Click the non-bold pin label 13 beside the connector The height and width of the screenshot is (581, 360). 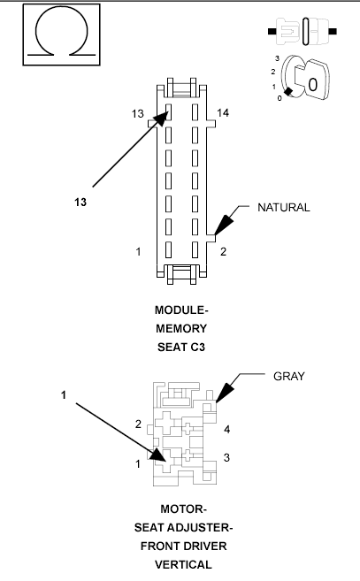pos(137,114)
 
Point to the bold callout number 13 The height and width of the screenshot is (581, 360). pos(80,202)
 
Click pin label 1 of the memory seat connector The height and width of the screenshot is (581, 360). pos(139,252)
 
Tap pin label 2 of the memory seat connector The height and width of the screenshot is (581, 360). pos(223,252)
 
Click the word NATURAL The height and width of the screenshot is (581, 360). pos(283,208)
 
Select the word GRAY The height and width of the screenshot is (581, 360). pos(288,376)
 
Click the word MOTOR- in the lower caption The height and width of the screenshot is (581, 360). pos(182,509)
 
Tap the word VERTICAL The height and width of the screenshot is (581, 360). pos(181,562)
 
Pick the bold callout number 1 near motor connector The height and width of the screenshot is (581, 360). pos(63,394)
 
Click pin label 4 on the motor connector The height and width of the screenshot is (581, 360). pos(227,430)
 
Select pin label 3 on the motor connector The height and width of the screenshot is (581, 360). pos(227,457)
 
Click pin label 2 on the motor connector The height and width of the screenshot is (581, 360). pos(138,424)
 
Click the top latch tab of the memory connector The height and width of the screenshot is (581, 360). pos(180,89)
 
